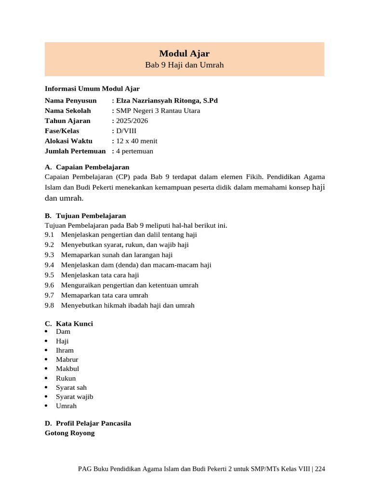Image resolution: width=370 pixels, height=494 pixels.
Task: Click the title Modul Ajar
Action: point(185,54)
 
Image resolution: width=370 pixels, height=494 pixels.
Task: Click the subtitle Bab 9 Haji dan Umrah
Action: point(185,65)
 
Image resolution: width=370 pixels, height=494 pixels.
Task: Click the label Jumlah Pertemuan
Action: point(75,151)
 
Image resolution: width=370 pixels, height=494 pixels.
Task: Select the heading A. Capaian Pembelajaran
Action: point(87,167)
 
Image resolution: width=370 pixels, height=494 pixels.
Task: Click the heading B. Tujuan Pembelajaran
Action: point(85,216)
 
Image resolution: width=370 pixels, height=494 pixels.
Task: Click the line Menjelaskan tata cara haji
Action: point(100,275)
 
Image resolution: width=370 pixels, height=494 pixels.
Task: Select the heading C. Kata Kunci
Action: point(69,324)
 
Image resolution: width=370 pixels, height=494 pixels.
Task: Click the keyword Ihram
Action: point(65,350)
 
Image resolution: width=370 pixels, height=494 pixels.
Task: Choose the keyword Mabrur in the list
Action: point(67,359)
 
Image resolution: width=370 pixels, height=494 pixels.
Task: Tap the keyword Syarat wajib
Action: point(74,397)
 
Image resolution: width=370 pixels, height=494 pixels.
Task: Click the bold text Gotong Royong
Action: point(69,433)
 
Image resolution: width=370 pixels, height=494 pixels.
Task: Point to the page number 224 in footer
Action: point(320,468)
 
